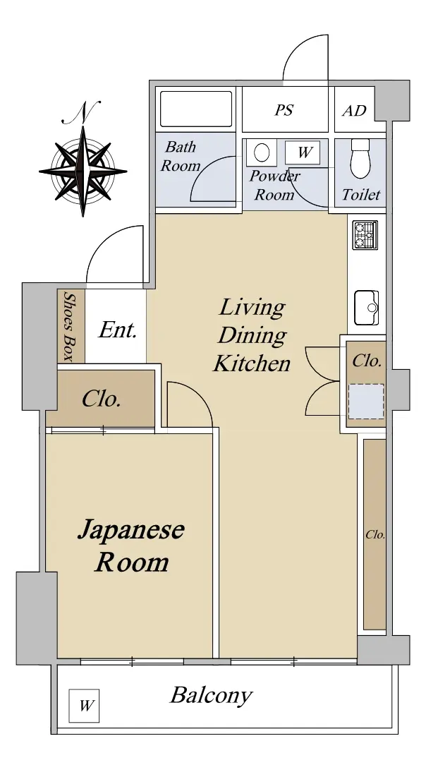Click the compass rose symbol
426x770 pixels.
83,172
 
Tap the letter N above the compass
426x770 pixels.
83,112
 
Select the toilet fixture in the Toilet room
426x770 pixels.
360,159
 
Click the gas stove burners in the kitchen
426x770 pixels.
365,235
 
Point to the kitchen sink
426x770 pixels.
367,308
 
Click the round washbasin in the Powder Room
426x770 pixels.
262,152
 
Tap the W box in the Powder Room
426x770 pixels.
303,152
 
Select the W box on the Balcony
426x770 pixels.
84,706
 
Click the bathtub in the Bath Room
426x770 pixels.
196,109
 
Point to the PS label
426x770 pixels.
284,110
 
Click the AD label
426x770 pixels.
354,111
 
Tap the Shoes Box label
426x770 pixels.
70,326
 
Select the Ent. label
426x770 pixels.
117,330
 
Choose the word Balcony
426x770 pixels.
211,696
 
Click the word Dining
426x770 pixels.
252,336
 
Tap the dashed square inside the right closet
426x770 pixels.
366,402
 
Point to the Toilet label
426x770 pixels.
360,195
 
